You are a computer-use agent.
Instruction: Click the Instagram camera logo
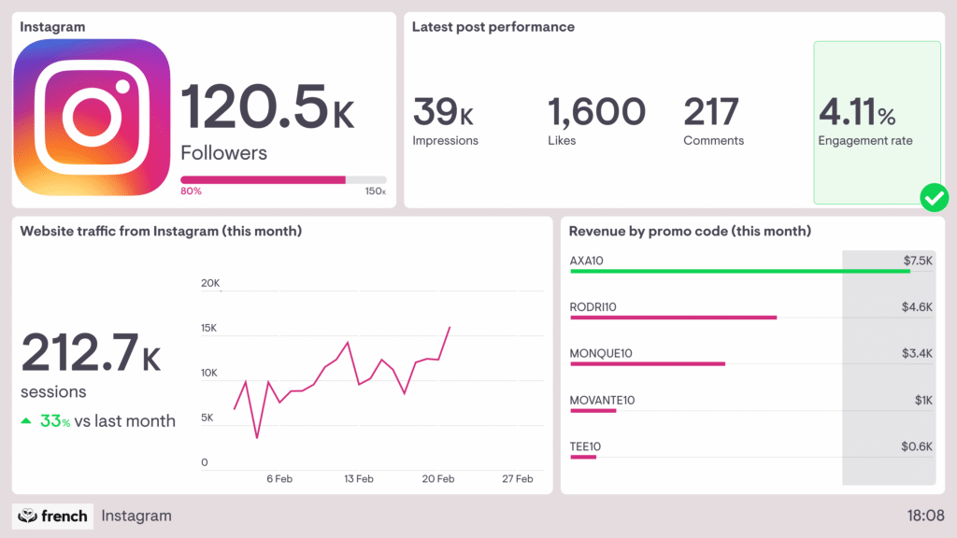click(x=92, y=117)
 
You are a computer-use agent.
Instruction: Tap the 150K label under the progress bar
click(x=376, y=191)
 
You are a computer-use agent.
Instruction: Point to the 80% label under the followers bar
click(x=191, y=191)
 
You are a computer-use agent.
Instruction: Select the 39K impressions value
click(x=443, y=112)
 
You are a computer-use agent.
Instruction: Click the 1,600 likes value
click(x=596, y=112)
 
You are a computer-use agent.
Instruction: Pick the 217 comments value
click(x=711, y=112)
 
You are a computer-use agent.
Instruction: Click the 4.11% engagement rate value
click(x=857, y=113)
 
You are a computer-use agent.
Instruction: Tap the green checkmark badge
click(x=934, y=197)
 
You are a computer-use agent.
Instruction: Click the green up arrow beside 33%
click(x=27, y=421)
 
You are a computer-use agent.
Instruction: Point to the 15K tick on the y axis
click(x=209, y=328)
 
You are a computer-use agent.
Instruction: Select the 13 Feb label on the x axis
click(x=358, y=479)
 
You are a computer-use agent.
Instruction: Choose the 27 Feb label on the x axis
click(x=517, y=479)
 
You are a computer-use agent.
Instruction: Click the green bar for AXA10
click(x=739, y=271)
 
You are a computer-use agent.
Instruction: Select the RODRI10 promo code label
click(x=593, y=306)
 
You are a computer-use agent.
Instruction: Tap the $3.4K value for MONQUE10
click(x=917, y=353)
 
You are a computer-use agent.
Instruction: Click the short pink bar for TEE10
click(x=582, y=457)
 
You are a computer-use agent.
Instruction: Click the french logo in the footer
click(x=53, y=516)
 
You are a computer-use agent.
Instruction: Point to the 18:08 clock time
click(x=925, y=516)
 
